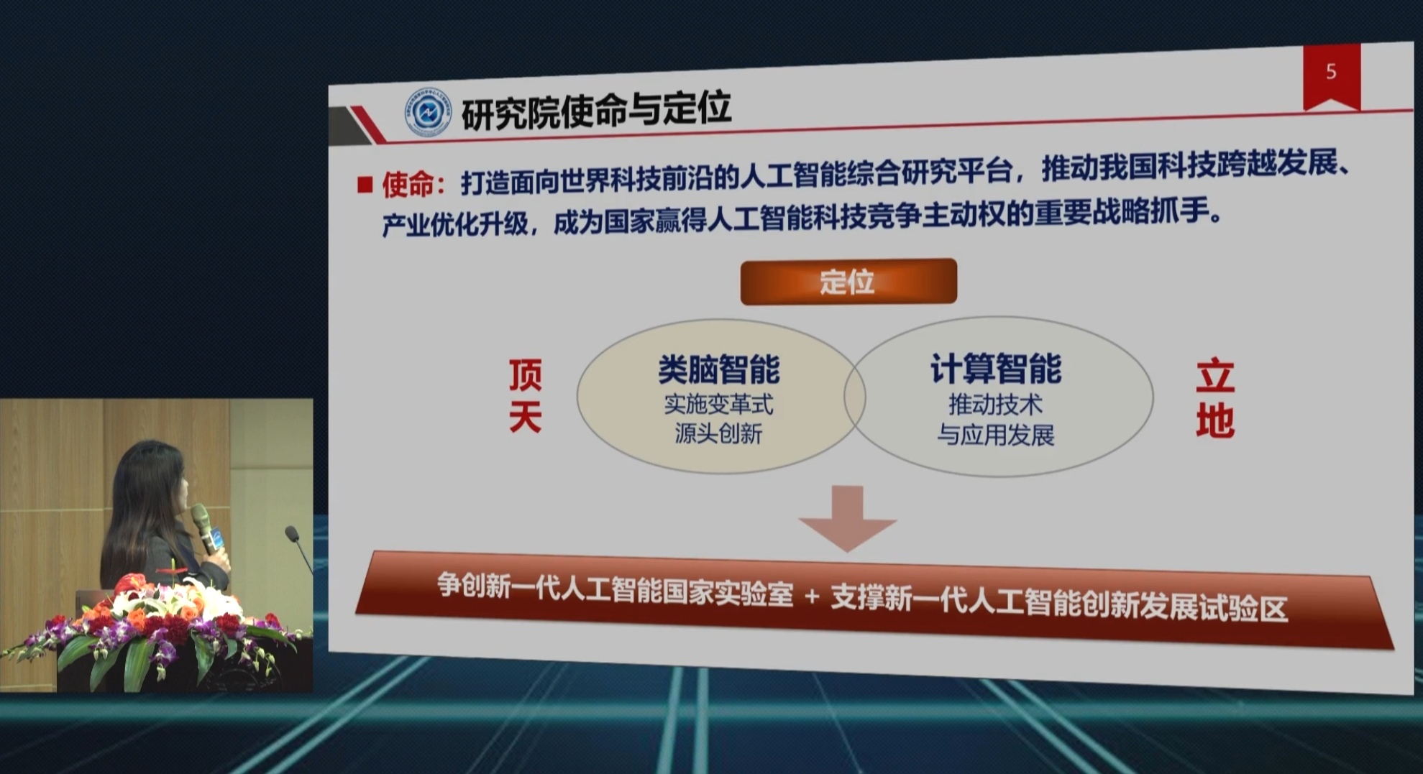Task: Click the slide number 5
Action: [x=1331, y=71]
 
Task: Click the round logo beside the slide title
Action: [x=428, y=112]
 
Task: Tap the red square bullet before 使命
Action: [x=365, y=185]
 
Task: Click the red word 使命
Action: [x=408, y=185]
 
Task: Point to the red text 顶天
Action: [x=525, y=395]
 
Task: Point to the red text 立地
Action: [x=1215, y=399]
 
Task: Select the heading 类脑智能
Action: [x=719, y=370]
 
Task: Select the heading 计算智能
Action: [x=995, y=369]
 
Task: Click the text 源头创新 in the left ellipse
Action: [x=718, y=434]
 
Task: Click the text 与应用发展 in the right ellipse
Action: [x=995, y=435]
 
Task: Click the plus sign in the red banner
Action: [x=812, y=596]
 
